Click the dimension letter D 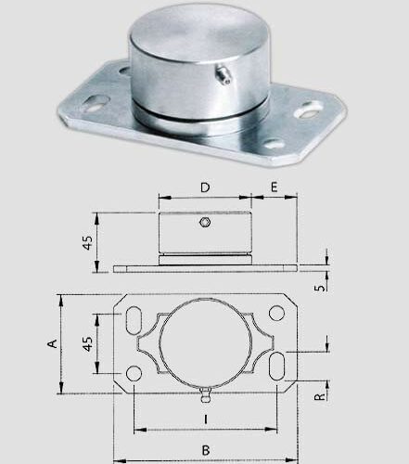(205, 187)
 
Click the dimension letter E (274, 187)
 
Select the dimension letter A (53, 343)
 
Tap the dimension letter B (206, 450)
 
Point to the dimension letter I (206, 419)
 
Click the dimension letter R (320, 396)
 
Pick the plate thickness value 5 (320, 288)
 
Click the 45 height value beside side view (87, 242)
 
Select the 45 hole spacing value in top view (87, 343)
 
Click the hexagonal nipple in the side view (205, 222)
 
